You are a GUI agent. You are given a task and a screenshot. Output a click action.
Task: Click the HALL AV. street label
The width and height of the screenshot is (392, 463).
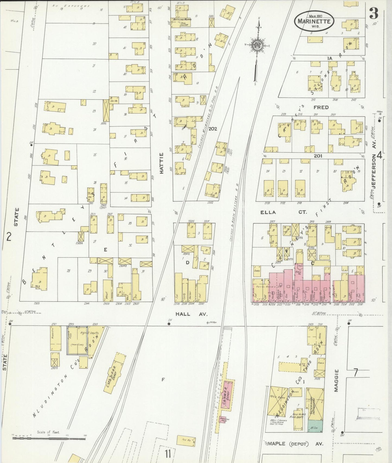(191, 314)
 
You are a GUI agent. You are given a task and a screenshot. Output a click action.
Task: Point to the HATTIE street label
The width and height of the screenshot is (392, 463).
(162, 163)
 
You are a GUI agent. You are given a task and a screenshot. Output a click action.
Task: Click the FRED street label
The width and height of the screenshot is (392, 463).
(321, 107)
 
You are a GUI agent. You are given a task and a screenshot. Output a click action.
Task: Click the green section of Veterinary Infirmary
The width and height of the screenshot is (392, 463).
(315, 426)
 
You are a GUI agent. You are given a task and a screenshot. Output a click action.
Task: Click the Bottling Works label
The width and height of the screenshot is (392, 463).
(183, 20)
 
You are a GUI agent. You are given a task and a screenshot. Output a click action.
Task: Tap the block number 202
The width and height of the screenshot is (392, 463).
(213, 129)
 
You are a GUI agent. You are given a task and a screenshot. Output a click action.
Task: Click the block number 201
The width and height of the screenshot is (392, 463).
(318, 156)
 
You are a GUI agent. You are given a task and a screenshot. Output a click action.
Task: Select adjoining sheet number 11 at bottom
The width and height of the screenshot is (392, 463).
(168, 453)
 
